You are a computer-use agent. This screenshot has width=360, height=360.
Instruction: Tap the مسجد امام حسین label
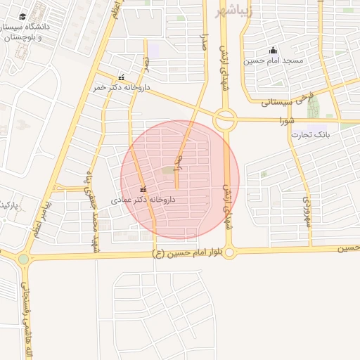click(274, 60)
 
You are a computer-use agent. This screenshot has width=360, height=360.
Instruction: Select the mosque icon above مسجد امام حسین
click(273, 50)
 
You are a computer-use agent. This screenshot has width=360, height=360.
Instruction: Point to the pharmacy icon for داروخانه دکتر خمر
click(121, 77)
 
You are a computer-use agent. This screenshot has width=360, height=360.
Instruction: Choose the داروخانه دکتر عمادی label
click(143, 200)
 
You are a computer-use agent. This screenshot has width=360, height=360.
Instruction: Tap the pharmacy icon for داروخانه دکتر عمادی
click(143, 189)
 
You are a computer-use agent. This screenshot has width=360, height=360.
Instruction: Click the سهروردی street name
click(307, 210)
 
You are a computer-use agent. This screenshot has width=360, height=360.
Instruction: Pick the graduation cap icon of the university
click(22, 16)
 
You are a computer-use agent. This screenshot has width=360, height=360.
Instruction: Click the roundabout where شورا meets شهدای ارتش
click(225, 120)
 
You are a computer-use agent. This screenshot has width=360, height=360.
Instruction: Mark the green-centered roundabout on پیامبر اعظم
click(24, 259)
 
